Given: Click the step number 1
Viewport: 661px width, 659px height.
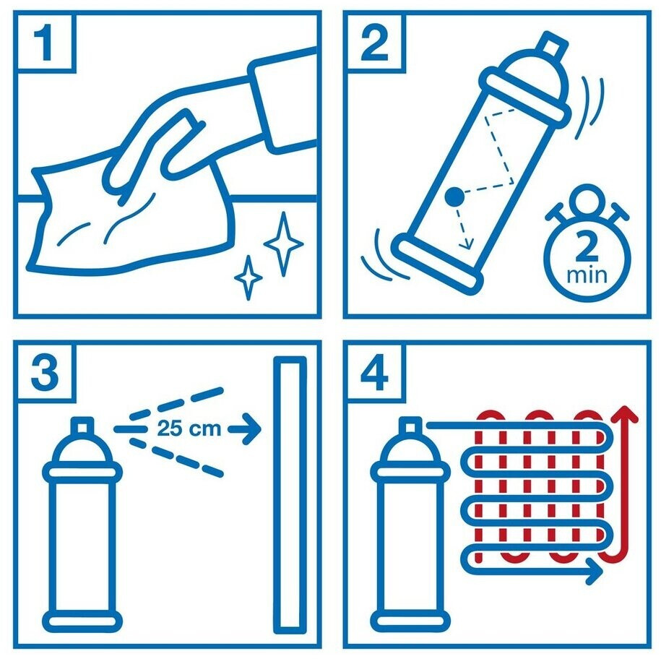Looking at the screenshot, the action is pos(43,42).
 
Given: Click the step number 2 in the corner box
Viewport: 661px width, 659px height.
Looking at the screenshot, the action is pos(374,43).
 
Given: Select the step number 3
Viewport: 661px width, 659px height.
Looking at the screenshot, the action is pos(45,373).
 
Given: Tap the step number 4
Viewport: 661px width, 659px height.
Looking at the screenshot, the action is pos(374,373).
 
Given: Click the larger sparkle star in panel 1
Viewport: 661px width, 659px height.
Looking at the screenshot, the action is pos(283,244).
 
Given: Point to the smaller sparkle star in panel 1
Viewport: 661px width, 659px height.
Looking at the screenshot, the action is pos(249,277).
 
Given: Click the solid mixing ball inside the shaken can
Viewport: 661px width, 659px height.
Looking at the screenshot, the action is pos(454,197).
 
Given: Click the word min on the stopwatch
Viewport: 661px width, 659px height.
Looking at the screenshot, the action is pos(587,275).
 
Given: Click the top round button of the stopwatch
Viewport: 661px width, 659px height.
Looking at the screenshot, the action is pos(587,199).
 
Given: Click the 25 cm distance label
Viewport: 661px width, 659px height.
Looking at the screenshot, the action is pos(189,428).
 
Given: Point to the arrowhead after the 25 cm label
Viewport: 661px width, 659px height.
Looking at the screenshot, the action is pos(251,429).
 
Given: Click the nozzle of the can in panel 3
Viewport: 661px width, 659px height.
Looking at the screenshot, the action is pos(82,426).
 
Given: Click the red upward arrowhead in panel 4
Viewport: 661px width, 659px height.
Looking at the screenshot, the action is pos(624,415).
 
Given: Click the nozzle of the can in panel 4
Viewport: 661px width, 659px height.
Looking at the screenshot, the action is pos(410,426).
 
